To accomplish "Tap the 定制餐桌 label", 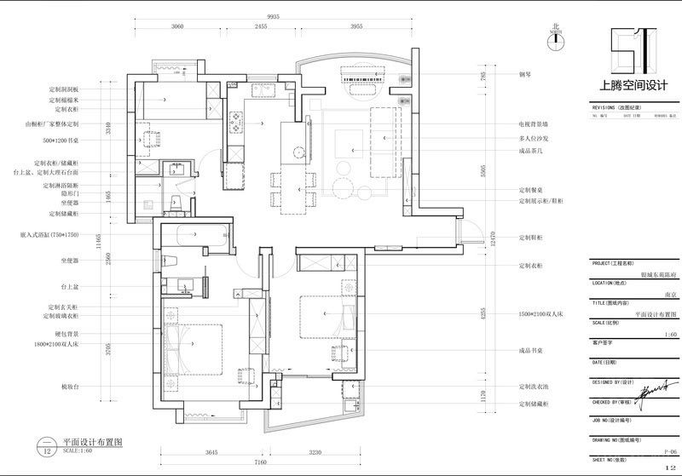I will pos(530,190).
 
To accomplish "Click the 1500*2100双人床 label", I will pos(543,314).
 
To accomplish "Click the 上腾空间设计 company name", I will pos(633,85).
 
